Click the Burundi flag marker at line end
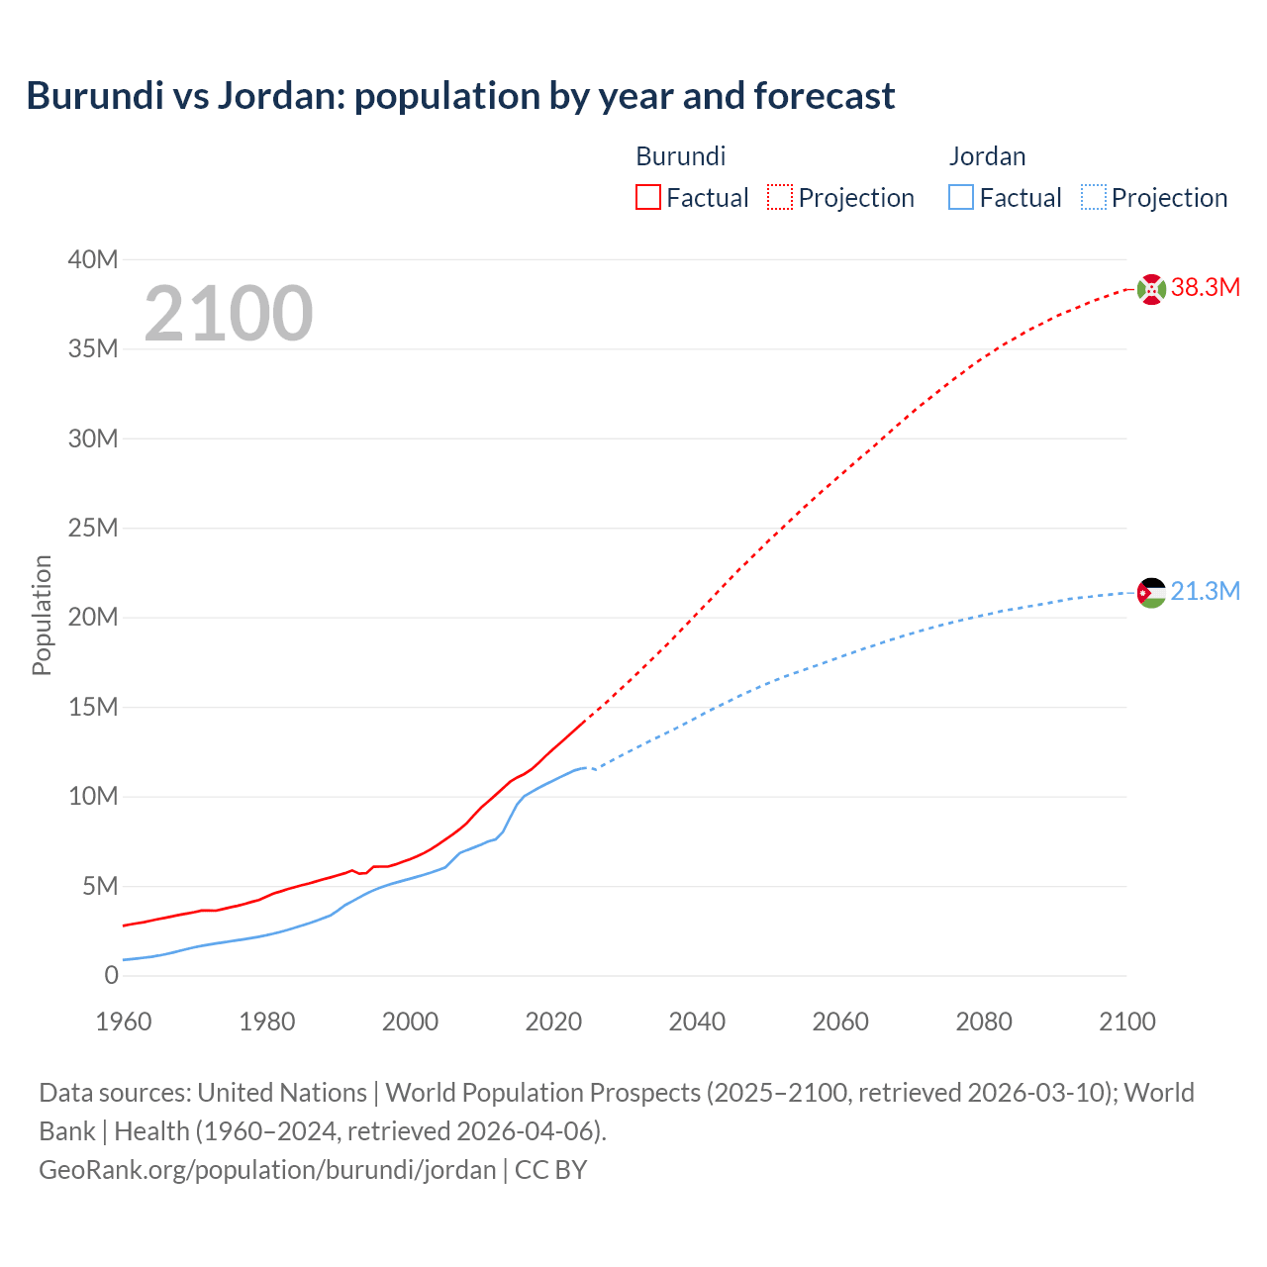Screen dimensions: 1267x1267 pos(1151,289)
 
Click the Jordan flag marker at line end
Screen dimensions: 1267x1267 pos(1151,593)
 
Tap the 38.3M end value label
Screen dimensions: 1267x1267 pos(1205,288)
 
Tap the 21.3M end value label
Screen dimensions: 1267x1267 pos(1205,592)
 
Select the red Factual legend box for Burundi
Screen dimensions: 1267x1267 pos(647,197)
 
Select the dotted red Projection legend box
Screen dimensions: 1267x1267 pos(780,197)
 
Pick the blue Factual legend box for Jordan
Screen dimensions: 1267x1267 pos(961,197)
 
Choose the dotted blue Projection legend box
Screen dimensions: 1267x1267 pos(1094,197)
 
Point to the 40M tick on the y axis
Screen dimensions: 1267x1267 pos(93,259)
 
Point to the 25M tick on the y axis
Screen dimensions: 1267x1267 pos(93,528)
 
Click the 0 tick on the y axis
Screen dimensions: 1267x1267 pos(111,975)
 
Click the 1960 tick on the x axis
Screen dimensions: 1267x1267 pos(124,1022)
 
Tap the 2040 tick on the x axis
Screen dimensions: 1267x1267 pos(697,1022)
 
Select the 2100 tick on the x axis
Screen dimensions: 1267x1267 pos(1126,1022)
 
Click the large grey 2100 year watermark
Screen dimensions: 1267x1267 pos(229,314)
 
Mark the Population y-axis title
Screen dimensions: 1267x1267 pos(42,615)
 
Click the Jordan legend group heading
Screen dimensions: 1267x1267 pos(987,156)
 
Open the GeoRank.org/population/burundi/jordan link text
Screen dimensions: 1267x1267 pos(267,1170)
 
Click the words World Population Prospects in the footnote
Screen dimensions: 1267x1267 pos(542,1093)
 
